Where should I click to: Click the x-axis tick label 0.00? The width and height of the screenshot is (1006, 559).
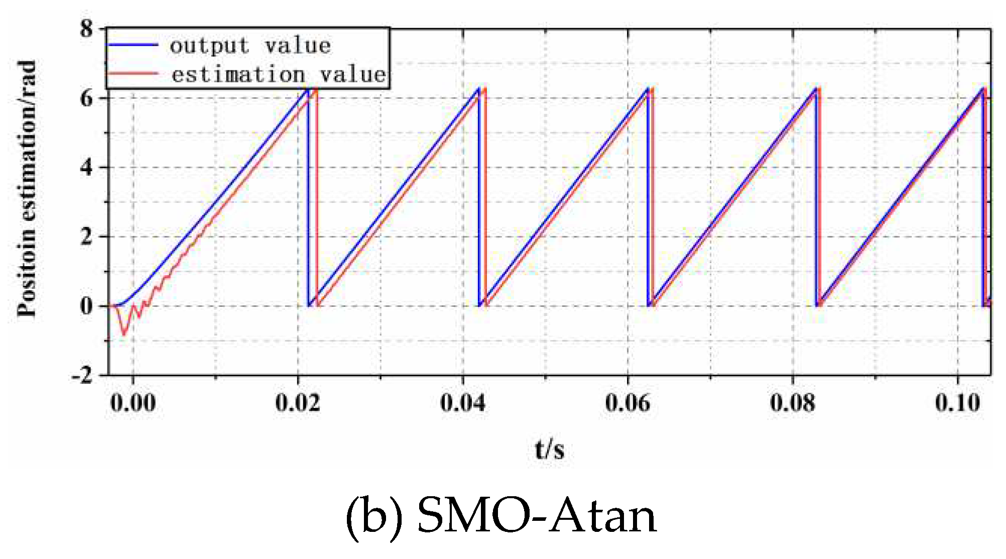(x=133, y=403)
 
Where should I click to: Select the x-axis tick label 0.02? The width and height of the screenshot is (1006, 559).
(x=298, y=403)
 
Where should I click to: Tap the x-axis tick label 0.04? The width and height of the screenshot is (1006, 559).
(x=462, y=403)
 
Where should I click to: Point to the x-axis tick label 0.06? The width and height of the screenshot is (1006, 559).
(x=627, y=403)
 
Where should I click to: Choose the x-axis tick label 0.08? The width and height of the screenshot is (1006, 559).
(x=793, y=403)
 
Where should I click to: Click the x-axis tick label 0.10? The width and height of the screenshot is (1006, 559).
(x=957, y=403)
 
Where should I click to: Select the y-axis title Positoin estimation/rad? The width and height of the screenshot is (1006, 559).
(x=27, y=189)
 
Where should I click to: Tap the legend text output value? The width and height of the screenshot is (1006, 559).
(x=250, y=46)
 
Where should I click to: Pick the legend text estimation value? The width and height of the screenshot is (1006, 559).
(x=278, y=74)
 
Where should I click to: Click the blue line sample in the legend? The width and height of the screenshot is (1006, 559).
(x=133, y=45)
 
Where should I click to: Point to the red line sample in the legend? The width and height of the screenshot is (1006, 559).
(x=133, y=74)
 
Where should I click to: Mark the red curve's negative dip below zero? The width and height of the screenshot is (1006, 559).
(x=123, y=332)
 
